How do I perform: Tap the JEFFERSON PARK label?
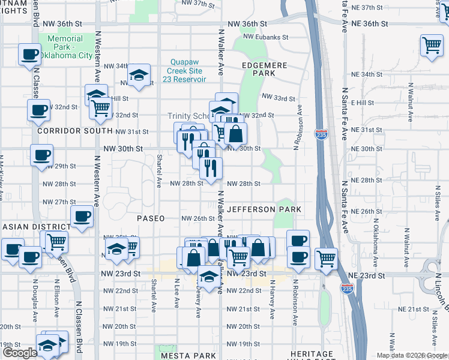[264, 209]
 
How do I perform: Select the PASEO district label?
[150, 218]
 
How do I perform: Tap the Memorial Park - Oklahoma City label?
[70, 47]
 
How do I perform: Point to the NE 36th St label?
[368, 23]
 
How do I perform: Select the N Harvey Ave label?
[272, 298]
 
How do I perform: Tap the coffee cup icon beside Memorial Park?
[29, 55]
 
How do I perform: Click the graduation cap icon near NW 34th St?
[139, 74]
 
